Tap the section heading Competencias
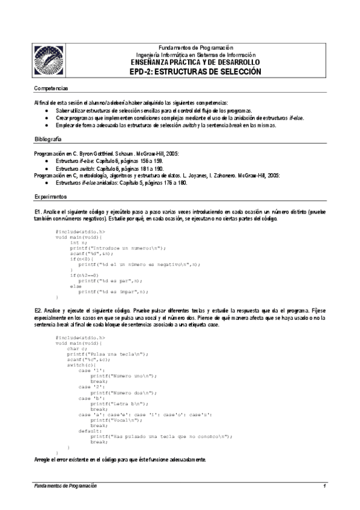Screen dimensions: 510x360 point(52,88)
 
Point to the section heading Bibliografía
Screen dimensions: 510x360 point(49,139)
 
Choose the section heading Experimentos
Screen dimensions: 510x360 point(51,197)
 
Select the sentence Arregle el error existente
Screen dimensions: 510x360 point(120,459)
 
